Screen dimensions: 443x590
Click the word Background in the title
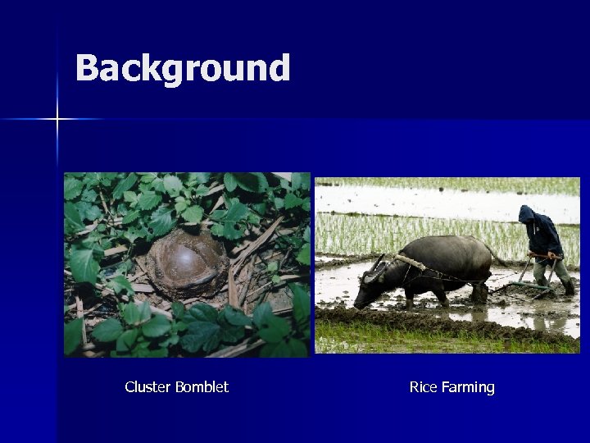[x=182, y=68]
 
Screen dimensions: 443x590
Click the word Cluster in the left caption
[x=143, y=387]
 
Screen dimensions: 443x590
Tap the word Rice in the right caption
[x=423, y=387]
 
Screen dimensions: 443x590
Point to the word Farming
[x=468, y=387]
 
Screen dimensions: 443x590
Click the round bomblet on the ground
[x=186, y=263]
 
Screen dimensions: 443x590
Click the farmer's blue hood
[x=526, y=214]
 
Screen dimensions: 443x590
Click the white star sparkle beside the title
[x=57, y=120]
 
